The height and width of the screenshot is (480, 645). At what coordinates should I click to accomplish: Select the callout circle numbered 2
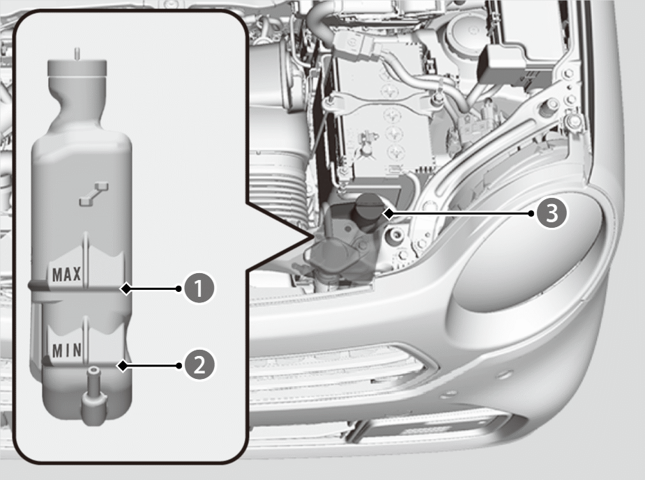point(199,365)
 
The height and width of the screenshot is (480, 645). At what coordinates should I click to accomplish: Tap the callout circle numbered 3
point(552,213)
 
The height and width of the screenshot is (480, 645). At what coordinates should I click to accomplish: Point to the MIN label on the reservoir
point(67,350)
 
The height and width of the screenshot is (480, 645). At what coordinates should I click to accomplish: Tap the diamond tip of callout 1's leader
point(126,288)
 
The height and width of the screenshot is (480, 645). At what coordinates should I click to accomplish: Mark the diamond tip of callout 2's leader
point(123,365)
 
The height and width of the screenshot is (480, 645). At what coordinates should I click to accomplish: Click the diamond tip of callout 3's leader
point(388,213)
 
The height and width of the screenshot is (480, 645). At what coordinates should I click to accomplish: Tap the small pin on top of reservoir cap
point(77,54)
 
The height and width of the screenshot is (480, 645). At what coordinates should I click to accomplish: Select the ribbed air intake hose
point(280,181)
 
